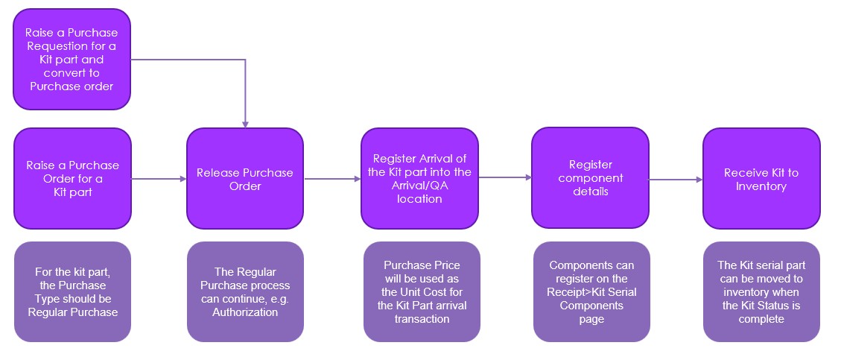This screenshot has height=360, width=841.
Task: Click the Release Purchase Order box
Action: point(244,179)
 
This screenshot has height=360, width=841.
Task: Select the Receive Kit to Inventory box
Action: point(761,179)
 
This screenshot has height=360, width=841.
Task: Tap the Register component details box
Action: point(590,179)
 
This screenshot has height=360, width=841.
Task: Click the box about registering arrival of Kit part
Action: point(419,179)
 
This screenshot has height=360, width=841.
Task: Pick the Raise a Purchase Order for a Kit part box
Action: point(72,179)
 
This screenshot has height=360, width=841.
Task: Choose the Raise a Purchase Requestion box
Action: point(72,60)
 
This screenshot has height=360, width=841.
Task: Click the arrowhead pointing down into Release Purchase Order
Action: point(245,123)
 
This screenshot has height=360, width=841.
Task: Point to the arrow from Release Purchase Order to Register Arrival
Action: point(332,179)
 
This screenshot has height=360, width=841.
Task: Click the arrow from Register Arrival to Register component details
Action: point(505,177)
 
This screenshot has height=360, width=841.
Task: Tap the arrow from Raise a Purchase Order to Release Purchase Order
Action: point(159,179)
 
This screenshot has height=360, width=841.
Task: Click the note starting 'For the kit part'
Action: point(72,291)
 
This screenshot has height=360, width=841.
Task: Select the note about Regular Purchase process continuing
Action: point(245,291)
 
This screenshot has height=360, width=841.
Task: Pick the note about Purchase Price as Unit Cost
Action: point(422,291)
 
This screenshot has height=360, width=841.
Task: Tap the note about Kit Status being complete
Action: point(761,291)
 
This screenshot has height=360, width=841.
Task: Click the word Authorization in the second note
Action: point(244,312)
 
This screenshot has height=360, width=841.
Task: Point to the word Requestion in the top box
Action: point(71,46)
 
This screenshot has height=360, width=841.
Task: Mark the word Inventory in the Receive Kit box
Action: point(761,186)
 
